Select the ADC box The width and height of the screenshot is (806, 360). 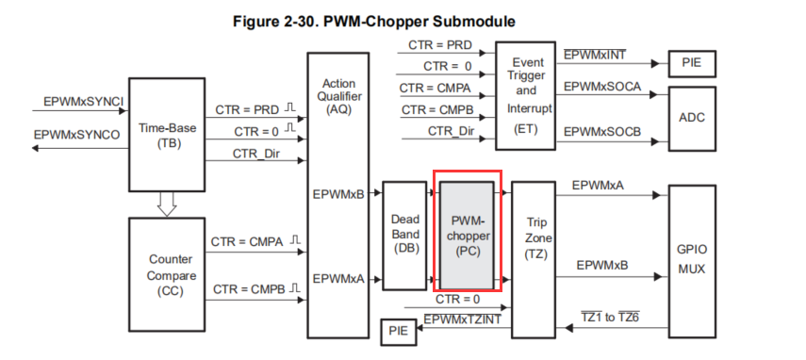tap(698, 118)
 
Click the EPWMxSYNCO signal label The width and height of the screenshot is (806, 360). tap(76, 135)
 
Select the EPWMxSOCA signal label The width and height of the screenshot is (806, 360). tap(602, 87)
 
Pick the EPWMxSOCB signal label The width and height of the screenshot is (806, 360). tap(602, 132)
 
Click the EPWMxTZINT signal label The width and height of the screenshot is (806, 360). tap(462, 321)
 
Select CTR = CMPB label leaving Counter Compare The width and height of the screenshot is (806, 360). tap(248, 286)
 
